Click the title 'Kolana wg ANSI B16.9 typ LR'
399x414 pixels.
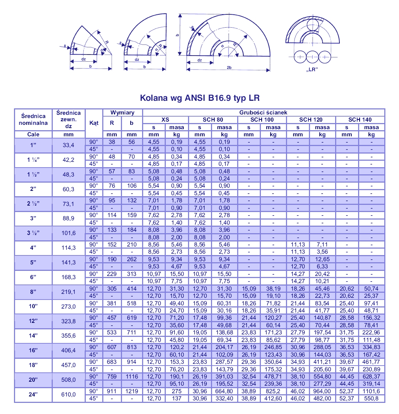[x=199, y=98]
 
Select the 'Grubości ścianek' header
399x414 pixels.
[x=263, y=113]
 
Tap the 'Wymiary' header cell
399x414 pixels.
[x=122, y=113]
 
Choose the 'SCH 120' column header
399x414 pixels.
[x=311, y=120]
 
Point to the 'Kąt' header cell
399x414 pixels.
[x=94, y=123]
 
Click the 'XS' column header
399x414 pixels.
[x=165, y=120]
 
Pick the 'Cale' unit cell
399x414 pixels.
[x=33, y=135]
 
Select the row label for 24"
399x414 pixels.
[x=33, y=395]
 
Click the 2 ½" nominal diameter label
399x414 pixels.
[x=33, y=204]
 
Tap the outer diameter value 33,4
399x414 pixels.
[x=69, y=145]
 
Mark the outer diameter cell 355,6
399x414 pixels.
[x=69, y=336]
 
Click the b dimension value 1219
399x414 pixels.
[x=132, y=391]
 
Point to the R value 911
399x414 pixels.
[x=112, y=391]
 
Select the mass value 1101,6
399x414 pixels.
[x=371, y=391]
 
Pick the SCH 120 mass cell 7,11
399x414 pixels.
[x=322, y=245]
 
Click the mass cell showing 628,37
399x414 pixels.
[x=371, y=376]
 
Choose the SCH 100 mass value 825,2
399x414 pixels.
[x=273, y=391]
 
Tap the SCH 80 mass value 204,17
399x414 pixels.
[x=224, y=347]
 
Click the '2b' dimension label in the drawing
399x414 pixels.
[x=229, y=67]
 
